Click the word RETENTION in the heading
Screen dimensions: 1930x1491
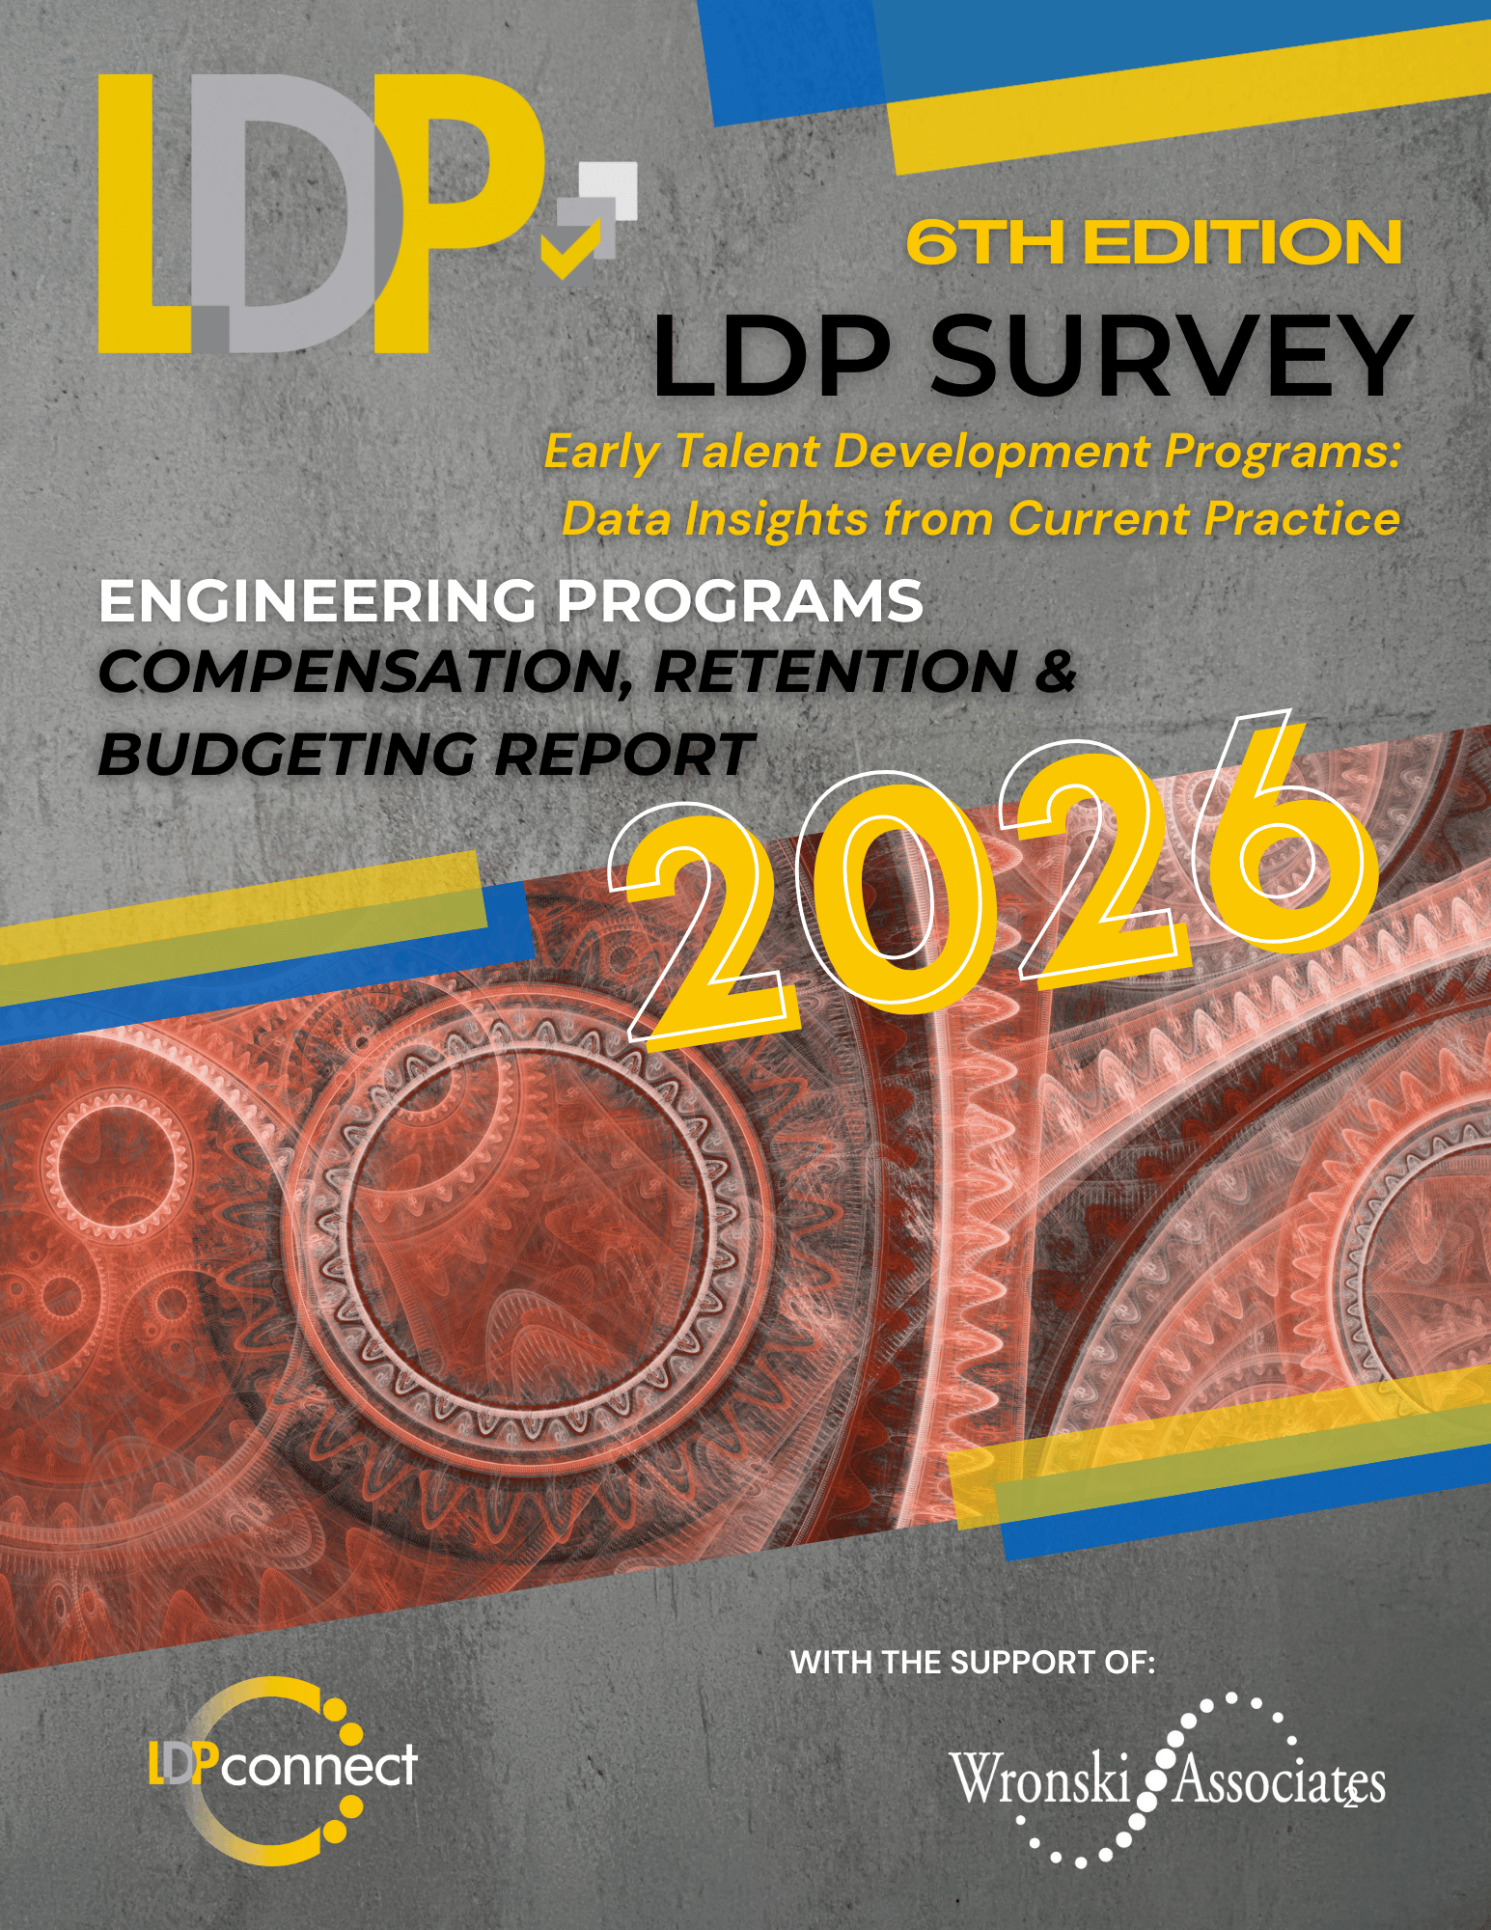tap(835, 673)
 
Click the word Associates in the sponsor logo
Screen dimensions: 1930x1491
tap(1279, 1781)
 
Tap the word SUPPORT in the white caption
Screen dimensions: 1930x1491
tap(1013, 1662)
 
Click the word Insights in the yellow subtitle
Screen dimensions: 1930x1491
tap(776, 519)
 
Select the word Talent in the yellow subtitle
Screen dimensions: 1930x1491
tap(747, 452)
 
